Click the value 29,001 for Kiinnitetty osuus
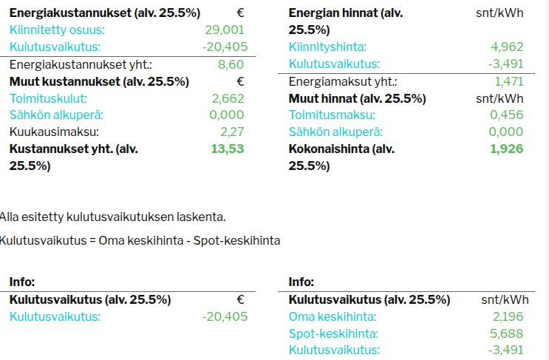pos(225,30)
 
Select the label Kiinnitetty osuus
pos(57,30)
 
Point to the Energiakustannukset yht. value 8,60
pos(231,65)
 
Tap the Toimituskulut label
pos(48,99)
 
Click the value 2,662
pos(228,99)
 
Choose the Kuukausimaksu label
pos(54,132)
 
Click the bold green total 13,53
pos(228,149)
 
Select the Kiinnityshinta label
pos(327,47)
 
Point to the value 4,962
pos(507,47)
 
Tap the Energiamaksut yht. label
pos(343,82)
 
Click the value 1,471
pos(509,82)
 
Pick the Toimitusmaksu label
pos(332,115)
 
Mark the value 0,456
pos(507,115)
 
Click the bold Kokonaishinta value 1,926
pos(507,149)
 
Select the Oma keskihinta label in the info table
pos(333,317)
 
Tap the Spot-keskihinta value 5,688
pos(507,333)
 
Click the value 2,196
pos(508,317)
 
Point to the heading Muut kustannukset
pos(99,82)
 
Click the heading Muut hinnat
pos(357,99)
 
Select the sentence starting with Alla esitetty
pos(113,217)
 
